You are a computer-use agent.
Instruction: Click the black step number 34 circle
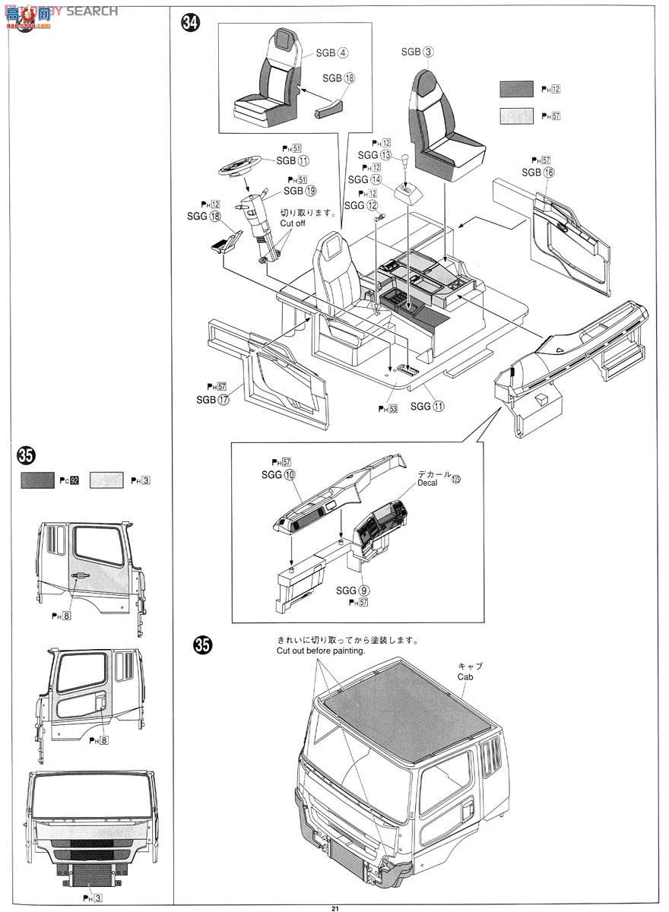191,24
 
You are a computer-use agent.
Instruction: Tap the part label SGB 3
417,52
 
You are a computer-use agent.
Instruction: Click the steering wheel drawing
240,165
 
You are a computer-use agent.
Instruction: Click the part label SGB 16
538,173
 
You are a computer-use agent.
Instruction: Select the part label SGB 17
212,400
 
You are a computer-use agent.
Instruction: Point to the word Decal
427,483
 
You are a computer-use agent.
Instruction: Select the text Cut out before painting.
321,651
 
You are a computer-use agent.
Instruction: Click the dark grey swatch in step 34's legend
516,89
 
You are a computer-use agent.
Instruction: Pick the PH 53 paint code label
388,409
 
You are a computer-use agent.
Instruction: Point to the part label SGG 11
427,407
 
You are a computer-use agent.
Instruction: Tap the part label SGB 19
300,191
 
